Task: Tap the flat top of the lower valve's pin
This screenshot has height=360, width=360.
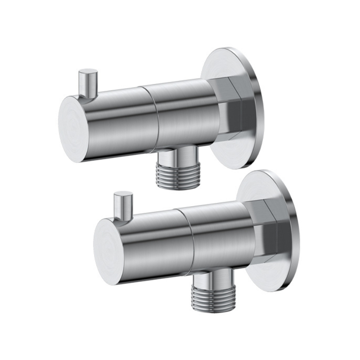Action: click(x=123, y=194)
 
